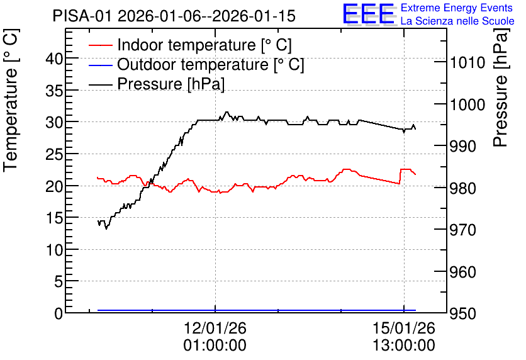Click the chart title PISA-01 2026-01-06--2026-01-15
coord(174,16)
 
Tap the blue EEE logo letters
coord(368,14)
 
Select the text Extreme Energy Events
coord(457,8)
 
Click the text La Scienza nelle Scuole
coord(457,21)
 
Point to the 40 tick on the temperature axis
coord(54,59)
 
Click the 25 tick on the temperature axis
coord(54,155)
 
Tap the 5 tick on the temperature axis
coord(59,281)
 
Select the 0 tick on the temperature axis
coord(59,313)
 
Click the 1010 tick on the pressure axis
coord(467,63)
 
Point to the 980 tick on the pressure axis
coord(462,189)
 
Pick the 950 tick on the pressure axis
coord(462,313)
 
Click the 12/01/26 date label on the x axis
coord(215,328)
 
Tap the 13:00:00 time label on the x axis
coord(404,346)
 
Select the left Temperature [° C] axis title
coord(11,101)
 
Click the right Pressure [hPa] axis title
coord(501,88)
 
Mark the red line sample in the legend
coord(100,45)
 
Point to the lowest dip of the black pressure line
coord(106,229)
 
